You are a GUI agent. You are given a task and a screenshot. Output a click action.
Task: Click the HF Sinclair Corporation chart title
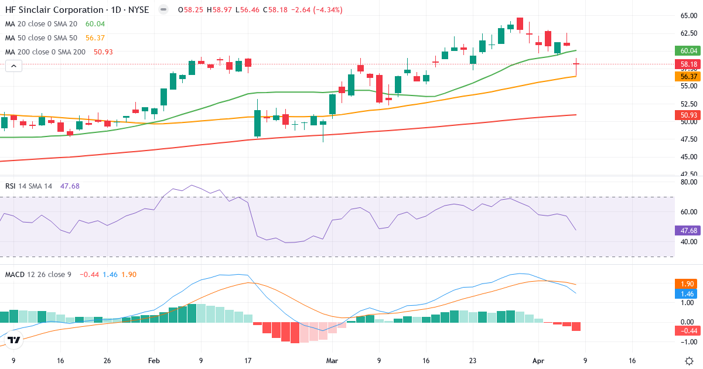tap(76, 10)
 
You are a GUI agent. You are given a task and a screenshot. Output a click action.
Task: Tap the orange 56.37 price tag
tap(688, 77)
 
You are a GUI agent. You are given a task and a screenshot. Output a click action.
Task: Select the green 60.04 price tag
tap(688, 51)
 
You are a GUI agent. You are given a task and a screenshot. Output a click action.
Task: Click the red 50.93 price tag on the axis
tap(688, 115)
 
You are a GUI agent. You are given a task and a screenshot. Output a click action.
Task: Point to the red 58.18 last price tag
tap(688, 64)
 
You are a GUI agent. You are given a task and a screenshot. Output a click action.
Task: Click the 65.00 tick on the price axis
tap(688, 16)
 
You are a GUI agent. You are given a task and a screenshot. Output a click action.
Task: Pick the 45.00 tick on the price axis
tap(688, 157)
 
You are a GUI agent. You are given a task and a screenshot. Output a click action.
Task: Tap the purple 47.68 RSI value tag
tap(688, 231)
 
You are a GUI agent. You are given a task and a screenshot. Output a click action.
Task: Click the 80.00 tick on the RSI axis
tap(688, 182)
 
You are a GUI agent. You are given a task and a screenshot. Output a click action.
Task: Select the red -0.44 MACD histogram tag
tap(688, 331)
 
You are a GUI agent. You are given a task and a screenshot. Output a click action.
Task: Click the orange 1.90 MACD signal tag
tap(688, 283)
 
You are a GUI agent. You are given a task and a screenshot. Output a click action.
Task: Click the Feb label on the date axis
tap(154, 361)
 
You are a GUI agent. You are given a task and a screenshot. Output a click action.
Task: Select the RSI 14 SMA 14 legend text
tap(29, 186)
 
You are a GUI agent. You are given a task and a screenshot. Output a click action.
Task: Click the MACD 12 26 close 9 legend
tap(39, 274)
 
